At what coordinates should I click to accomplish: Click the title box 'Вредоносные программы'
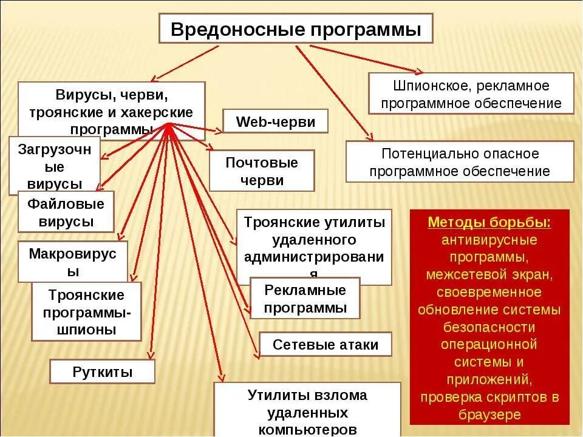(x=296, y=29)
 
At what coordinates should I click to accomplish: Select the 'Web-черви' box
(x=275, y=121)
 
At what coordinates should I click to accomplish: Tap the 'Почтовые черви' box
(x=262, y=171)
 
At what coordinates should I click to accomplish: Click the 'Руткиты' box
(x=102, y=371)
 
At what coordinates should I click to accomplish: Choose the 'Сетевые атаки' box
(x=326, y=345)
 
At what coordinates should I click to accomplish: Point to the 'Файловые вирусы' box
(x=66, y=212)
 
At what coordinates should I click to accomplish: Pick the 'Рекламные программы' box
(x=305, y=298)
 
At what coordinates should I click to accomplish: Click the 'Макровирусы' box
(x=72, y=262)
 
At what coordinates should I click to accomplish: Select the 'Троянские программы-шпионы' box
(x=86, y=312)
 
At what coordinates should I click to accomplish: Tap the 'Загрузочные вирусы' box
(x=55, y=166)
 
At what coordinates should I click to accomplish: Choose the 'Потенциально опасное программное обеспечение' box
(x=459, y=162)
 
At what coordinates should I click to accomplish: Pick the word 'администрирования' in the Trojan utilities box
(x=314, y=257)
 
